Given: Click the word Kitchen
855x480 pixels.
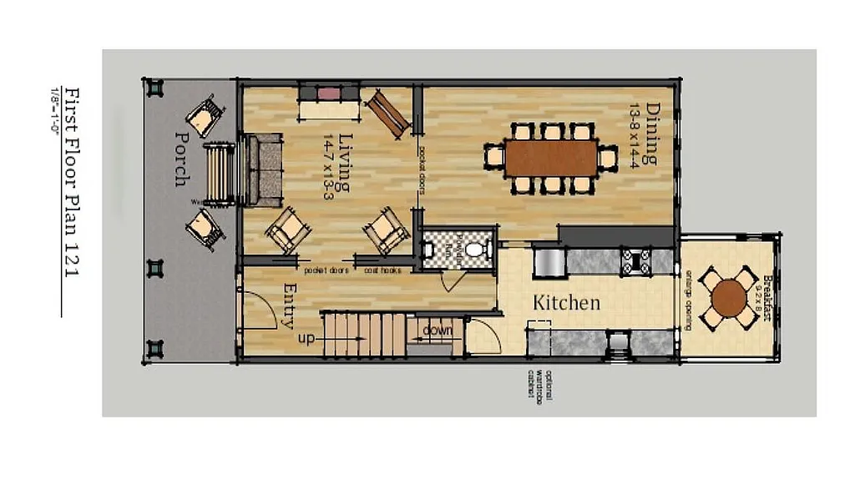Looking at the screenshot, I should (567, 302).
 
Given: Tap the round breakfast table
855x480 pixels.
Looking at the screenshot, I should (729, 296).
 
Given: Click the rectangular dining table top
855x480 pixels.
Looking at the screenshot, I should (551, 157).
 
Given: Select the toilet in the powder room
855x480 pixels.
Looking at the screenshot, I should (474, 249).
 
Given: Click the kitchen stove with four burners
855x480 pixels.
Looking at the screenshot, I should (636, 261).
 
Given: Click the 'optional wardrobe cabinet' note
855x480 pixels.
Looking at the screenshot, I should (539, 384).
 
